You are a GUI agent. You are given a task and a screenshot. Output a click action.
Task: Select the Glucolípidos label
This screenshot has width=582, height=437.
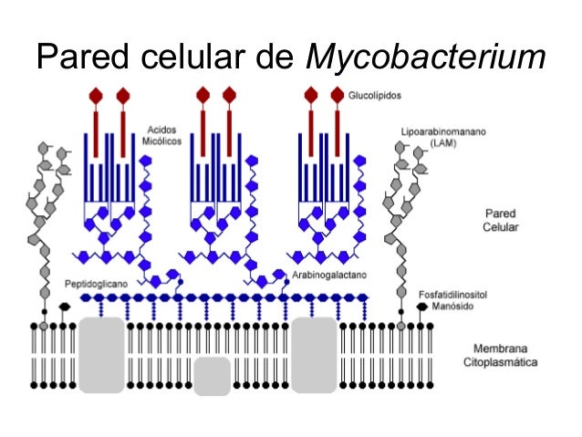click(375, 95)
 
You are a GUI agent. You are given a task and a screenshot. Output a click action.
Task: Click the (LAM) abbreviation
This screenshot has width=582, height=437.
click(444, 144)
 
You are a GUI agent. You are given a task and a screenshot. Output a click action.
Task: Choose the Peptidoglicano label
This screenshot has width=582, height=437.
click(97, 284)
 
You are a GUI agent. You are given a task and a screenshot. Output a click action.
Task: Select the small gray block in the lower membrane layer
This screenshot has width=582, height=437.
click(212, 376)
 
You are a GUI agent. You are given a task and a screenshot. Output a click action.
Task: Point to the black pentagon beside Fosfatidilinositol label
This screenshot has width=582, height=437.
click(421, 307)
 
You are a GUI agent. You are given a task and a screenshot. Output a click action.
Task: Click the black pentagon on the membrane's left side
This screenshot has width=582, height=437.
click(64, 307)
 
